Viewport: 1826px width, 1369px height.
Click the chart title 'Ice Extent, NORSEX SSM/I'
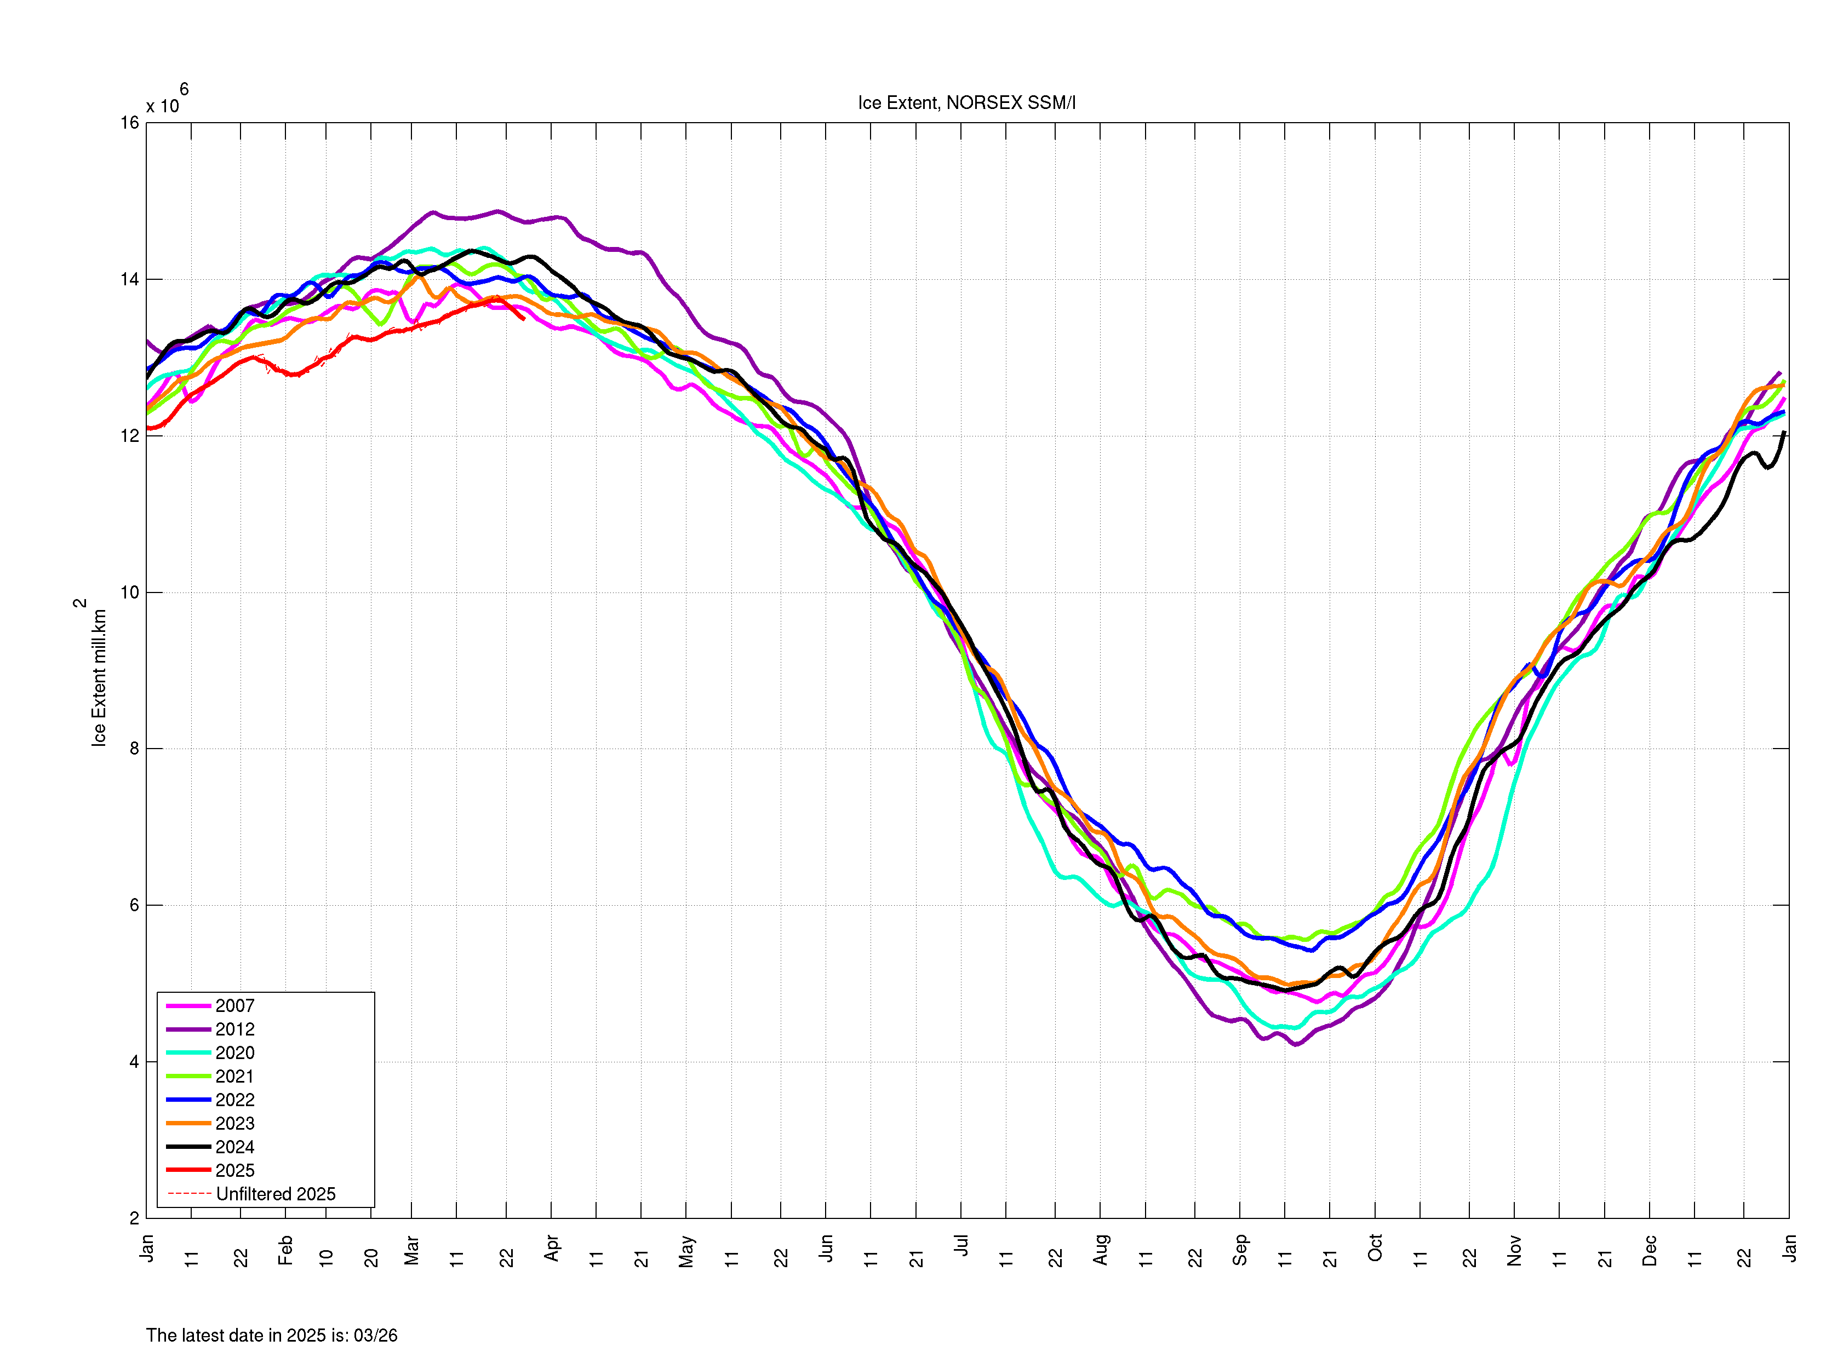(966, 103)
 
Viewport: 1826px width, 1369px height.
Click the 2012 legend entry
(234, 1029)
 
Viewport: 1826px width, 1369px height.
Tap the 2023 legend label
(234, 1123)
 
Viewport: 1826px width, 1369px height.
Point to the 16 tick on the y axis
(130, 123)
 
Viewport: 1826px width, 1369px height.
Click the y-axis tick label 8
(134, 749)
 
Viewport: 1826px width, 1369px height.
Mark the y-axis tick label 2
(134, 1218)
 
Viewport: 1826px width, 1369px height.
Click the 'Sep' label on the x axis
(1239, 1249)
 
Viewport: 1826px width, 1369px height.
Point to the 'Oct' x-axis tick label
(1375, 1247)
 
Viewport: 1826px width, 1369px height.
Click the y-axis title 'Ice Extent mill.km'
(99, 677)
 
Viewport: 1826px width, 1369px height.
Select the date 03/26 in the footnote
(376, 1335)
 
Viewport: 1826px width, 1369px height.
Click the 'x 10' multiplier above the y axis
(163, 106)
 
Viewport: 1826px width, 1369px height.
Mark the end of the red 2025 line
(523, 319)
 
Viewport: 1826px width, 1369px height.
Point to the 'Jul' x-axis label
(961, 1245)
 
